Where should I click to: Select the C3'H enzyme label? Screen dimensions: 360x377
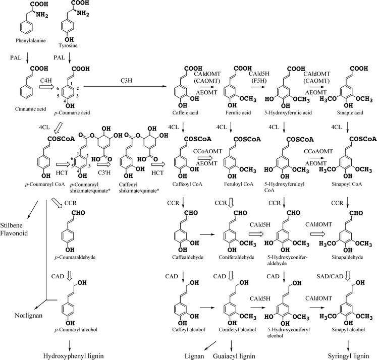point(103,177)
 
